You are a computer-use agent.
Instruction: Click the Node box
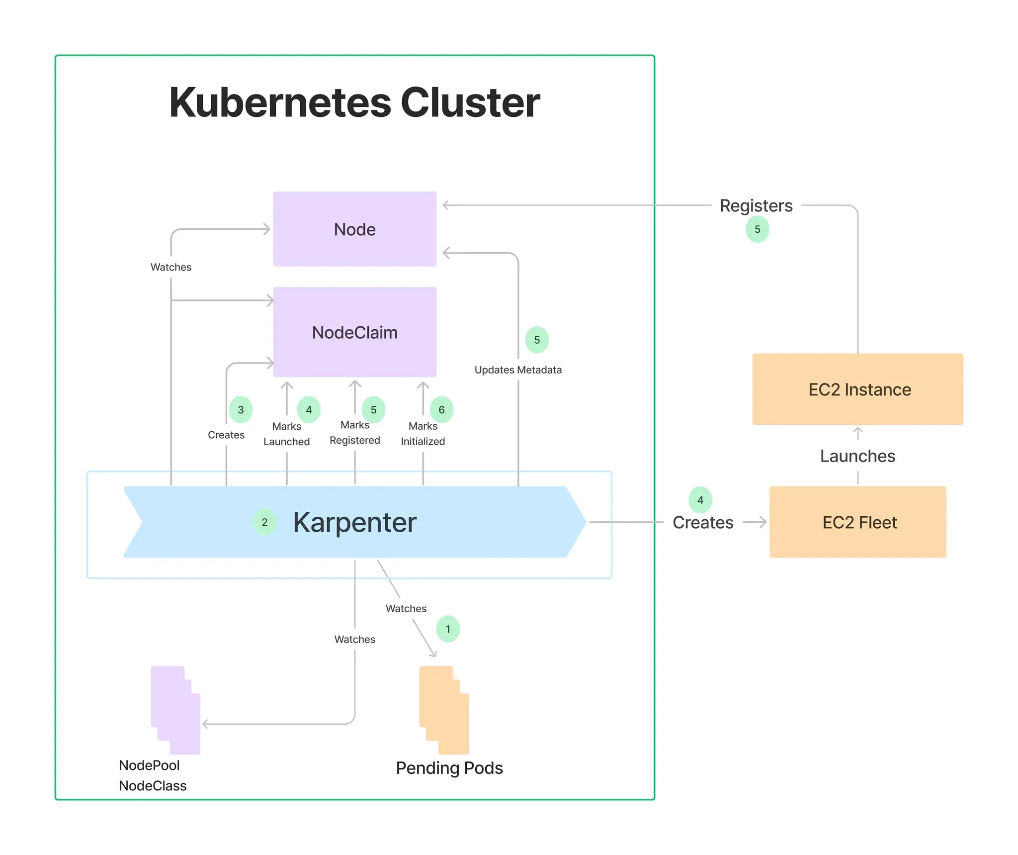coord(354,229)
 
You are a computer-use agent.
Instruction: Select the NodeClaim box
coord(354,332)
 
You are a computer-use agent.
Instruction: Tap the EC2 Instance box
coord(857,389)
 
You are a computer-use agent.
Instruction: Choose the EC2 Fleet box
coord(857,522)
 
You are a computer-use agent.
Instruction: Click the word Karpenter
coord(354,522)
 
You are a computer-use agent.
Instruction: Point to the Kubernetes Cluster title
coord(354,102)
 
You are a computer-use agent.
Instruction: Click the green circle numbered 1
coord(448,629)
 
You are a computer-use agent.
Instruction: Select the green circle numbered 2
coord(264,522)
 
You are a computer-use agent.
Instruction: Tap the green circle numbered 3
coord(241,410)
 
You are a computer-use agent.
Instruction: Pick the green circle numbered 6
coord(441,410)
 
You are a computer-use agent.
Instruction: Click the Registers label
coord(756,205)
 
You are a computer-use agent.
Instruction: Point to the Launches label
coord(857,456)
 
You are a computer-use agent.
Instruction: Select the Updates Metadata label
coord(518,370)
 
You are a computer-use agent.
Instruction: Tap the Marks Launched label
coord(286,434)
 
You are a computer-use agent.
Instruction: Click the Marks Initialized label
coord(423,434)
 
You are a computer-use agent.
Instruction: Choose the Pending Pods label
coord(449,768)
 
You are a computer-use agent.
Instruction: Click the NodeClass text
coord(153,786)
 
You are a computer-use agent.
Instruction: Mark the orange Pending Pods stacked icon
coord(444,710)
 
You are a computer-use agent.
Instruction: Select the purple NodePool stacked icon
coord(175,710)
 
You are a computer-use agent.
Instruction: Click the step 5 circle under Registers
coord(757,229)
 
